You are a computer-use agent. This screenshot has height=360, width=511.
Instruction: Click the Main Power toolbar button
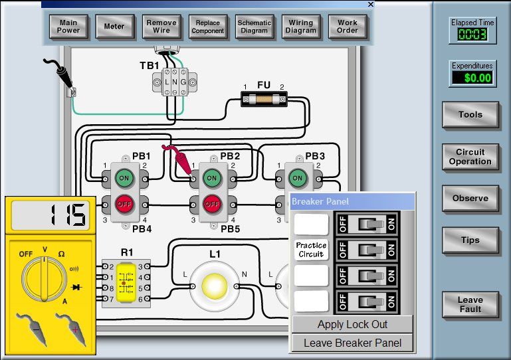tap(68, 27)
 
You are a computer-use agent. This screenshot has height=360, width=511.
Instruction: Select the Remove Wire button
tap(161, 27)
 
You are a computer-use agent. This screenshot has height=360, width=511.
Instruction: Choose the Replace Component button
tap(208, 27)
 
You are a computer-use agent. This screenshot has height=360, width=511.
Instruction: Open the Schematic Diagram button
tap(255, 27)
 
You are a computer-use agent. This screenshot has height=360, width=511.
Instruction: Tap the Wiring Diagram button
tap(301, 27)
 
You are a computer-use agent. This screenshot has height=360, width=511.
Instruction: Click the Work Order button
tap(348, 27)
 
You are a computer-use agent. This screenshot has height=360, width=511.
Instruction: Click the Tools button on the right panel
tap(470, 115)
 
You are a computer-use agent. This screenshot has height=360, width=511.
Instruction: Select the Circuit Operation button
tap(470, 157)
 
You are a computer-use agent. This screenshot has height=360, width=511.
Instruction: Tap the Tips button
tap(470, 240)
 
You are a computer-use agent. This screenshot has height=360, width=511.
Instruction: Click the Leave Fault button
tap(470, 305)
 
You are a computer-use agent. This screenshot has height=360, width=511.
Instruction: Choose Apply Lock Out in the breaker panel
tap(352, 325)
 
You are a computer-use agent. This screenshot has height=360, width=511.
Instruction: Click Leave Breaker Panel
tap(352, 343)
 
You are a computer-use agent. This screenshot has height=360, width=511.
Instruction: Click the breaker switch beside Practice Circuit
tap(366, 250)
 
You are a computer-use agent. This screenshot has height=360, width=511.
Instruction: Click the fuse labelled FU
tap(264, 101)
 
